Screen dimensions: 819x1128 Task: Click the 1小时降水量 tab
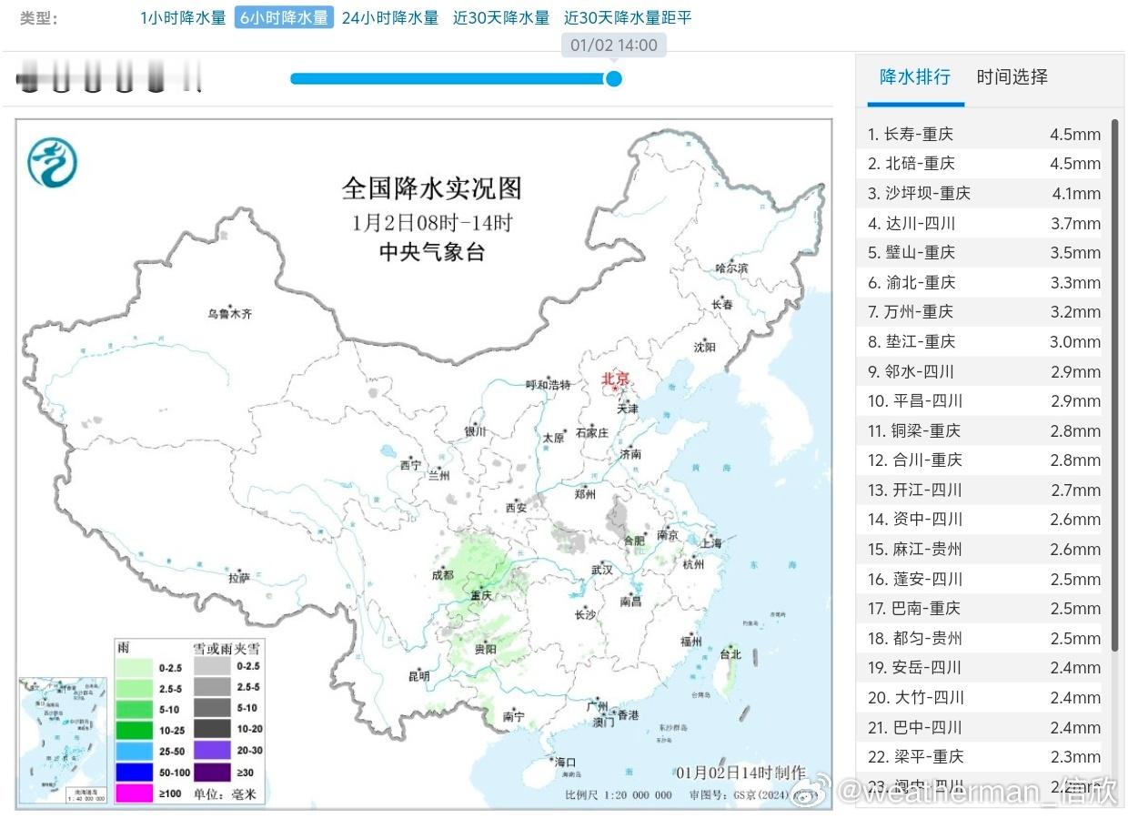pos(183,17)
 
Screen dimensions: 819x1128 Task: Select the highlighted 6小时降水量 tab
pos(284,17)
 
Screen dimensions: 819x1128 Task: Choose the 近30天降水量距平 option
pos(628,17)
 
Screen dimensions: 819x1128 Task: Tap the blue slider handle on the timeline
pos(614,78)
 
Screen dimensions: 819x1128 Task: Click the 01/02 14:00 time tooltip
pos(613,45)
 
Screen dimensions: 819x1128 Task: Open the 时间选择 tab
pos(1012,77)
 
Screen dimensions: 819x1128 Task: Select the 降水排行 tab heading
pos(914,77)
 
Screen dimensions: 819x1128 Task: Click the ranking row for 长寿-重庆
pos(982,135)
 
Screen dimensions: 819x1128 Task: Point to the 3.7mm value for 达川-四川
pos(1075,224)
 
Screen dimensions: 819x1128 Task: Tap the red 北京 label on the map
pos(616,379)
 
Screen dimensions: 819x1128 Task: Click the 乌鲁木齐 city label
pos(229,314)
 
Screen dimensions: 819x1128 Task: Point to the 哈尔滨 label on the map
pos(730,268)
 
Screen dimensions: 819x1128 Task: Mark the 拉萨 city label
pos(239,577)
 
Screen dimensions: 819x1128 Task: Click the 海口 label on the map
pos(565,763)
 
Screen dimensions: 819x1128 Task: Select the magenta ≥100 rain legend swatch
pos(134,793)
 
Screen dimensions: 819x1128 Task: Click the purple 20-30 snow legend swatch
pos(210,751)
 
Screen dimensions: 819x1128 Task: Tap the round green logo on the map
pos(52,163)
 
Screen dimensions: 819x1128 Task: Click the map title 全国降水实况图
pos(432,188)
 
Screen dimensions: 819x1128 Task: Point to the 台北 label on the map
pos(730,654)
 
